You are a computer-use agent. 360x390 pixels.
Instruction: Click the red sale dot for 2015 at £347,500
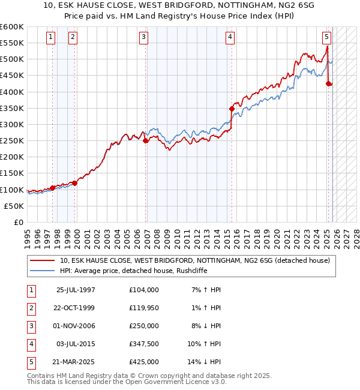coord(232,109)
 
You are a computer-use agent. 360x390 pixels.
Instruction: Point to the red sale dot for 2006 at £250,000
coord(146,140)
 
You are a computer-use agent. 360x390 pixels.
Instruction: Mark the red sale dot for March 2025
coord(328,83)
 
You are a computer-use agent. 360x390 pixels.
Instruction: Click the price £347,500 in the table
coord(144,344)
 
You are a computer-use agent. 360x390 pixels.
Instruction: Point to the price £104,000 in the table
coord(144,290)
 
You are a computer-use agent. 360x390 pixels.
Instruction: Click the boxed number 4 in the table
coord(31,344)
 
